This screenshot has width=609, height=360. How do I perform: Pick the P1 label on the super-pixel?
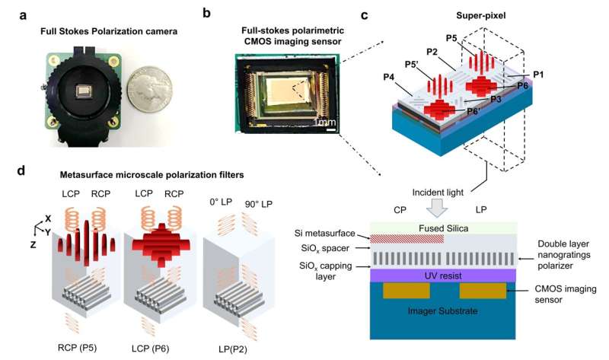click(538, 74)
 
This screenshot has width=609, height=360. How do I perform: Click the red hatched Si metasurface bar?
click(407, 239)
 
